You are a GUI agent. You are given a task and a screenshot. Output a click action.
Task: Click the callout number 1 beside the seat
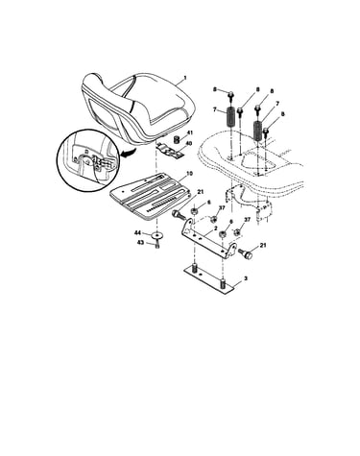click(x=184, y=78)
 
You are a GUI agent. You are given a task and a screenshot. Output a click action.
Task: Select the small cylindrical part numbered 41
click(x=176, y=139)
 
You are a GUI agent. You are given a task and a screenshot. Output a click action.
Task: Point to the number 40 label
click(x=189, y=144)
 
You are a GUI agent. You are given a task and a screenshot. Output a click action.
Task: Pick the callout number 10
click(x=190, y=174)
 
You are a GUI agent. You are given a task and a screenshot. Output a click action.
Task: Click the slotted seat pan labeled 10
click(x=150, y=197)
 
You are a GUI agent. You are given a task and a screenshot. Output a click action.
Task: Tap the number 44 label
click(x=138, y=233)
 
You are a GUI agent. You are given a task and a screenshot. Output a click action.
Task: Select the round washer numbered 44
click(x=156, y=235)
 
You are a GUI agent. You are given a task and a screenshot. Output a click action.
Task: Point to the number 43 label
click(x=141, y=243)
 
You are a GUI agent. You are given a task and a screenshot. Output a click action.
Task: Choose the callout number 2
click(x=216, y=228)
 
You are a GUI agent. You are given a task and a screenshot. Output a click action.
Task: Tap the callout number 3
click(x=246, y=278)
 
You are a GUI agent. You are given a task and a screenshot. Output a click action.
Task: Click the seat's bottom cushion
click(x=160, y=103)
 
